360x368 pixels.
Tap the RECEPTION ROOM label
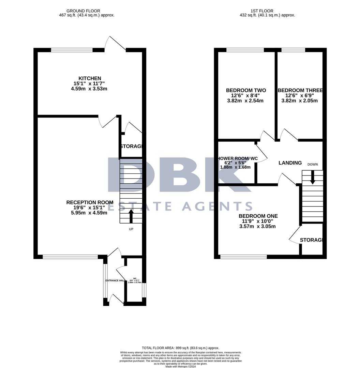90,202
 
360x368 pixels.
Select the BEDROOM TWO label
246,90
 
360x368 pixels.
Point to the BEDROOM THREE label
300,90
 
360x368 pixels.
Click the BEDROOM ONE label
258,216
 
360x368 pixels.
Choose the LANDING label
290,163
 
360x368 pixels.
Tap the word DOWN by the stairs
312,165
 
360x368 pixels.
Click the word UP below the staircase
131,229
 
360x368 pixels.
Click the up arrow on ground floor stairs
131,215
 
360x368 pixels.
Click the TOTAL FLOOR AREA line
180,348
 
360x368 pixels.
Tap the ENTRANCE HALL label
115,280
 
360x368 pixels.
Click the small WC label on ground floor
135,278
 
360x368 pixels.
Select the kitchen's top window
72,50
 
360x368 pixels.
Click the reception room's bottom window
70,257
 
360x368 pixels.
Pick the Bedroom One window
243,257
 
